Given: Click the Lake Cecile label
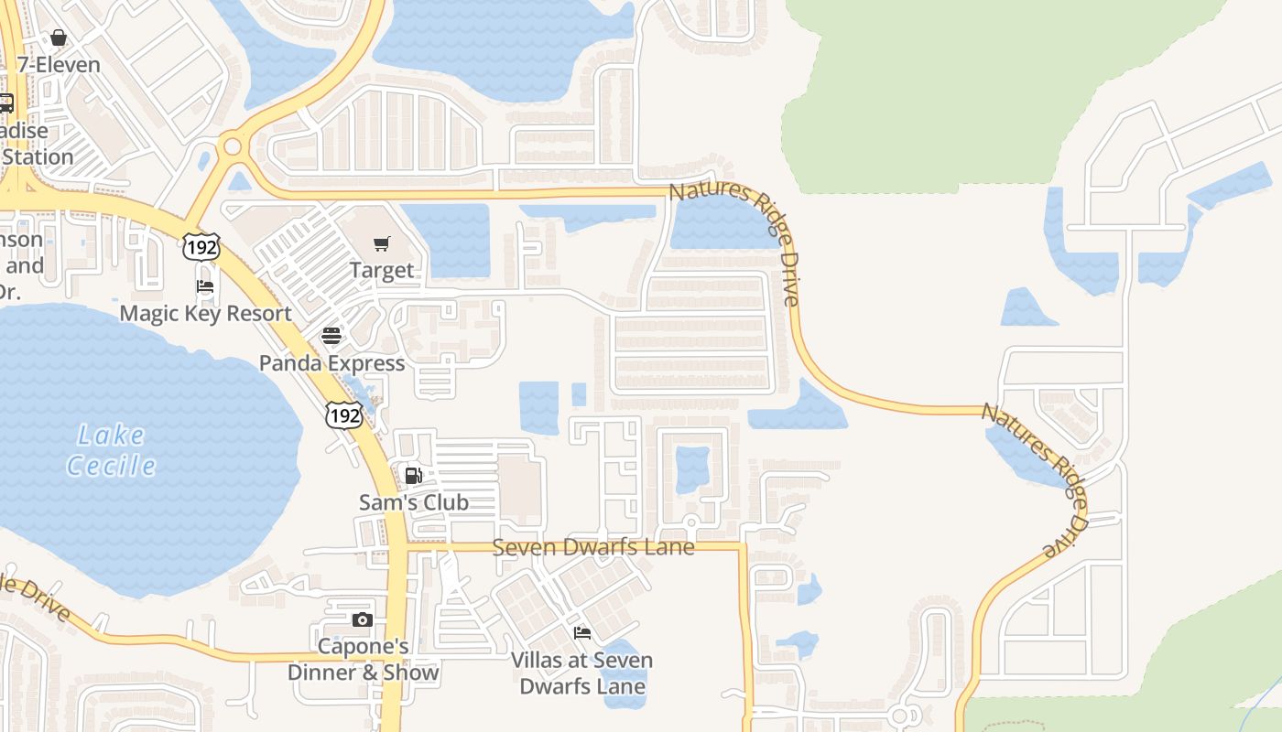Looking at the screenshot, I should tap(112, 450).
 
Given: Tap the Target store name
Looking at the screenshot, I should tap(382, 271).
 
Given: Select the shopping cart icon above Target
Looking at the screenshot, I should tap(382, 243).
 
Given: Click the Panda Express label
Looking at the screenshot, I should tap(331, 363).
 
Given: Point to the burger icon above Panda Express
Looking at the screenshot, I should tap(331, 336).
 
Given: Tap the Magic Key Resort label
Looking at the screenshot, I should tap(206, 313).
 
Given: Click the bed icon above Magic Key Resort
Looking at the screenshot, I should tap(205, 286).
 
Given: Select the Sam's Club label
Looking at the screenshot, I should tap(413, 502).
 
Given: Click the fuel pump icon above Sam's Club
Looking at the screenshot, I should tap(413, 476).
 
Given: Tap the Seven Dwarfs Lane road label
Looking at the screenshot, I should tap(593, 547).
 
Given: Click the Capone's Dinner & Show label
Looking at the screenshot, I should tap(363, 659).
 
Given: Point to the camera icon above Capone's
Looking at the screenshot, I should tap(363, 620).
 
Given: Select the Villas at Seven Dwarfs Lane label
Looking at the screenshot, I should tap(581, 673).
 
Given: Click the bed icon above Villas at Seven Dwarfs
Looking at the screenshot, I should tap(581, 633).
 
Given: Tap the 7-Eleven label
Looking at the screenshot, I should tap(59, 65).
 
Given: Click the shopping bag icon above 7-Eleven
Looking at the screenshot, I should tap(59, 38).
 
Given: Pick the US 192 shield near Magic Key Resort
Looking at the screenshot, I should tap(201, 246).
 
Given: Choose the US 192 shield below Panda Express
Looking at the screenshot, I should tap(344, 415).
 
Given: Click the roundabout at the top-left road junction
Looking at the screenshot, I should tap(232, 146).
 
